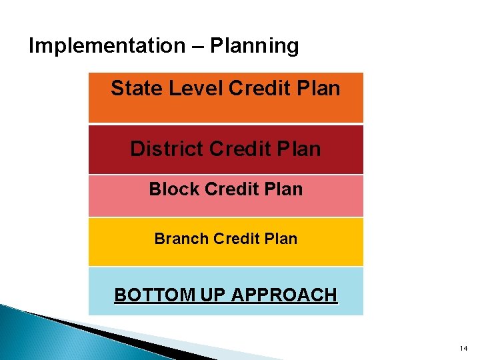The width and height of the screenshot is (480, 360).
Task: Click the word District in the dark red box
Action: tap(167, 148)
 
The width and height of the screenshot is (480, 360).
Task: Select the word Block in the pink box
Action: tap(174, 189)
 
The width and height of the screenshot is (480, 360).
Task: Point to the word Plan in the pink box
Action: tap(283, 189)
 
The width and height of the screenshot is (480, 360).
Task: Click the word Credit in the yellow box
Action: tap(239, 239)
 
